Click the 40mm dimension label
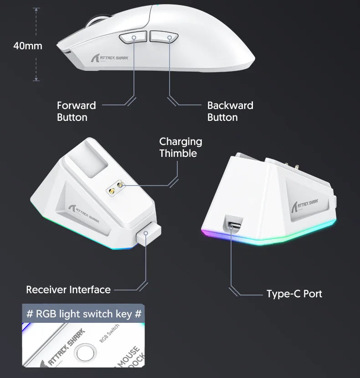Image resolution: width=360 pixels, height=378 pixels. point(27,46)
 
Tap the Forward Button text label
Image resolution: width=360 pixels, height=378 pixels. point(76,111)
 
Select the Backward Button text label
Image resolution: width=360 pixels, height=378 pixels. point(230,111)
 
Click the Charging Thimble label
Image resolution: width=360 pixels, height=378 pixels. point(180,147)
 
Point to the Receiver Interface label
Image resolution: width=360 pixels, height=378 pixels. point(68,290)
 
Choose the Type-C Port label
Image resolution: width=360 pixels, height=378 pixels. point(294,294)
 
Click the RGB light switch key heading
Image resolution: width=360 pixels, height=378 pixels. point(84,314)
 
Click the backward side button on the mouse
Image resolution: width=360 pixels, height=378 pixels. point(163,37)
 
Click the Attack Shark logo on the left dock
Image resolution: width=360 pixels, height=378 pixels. point(84,210)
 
